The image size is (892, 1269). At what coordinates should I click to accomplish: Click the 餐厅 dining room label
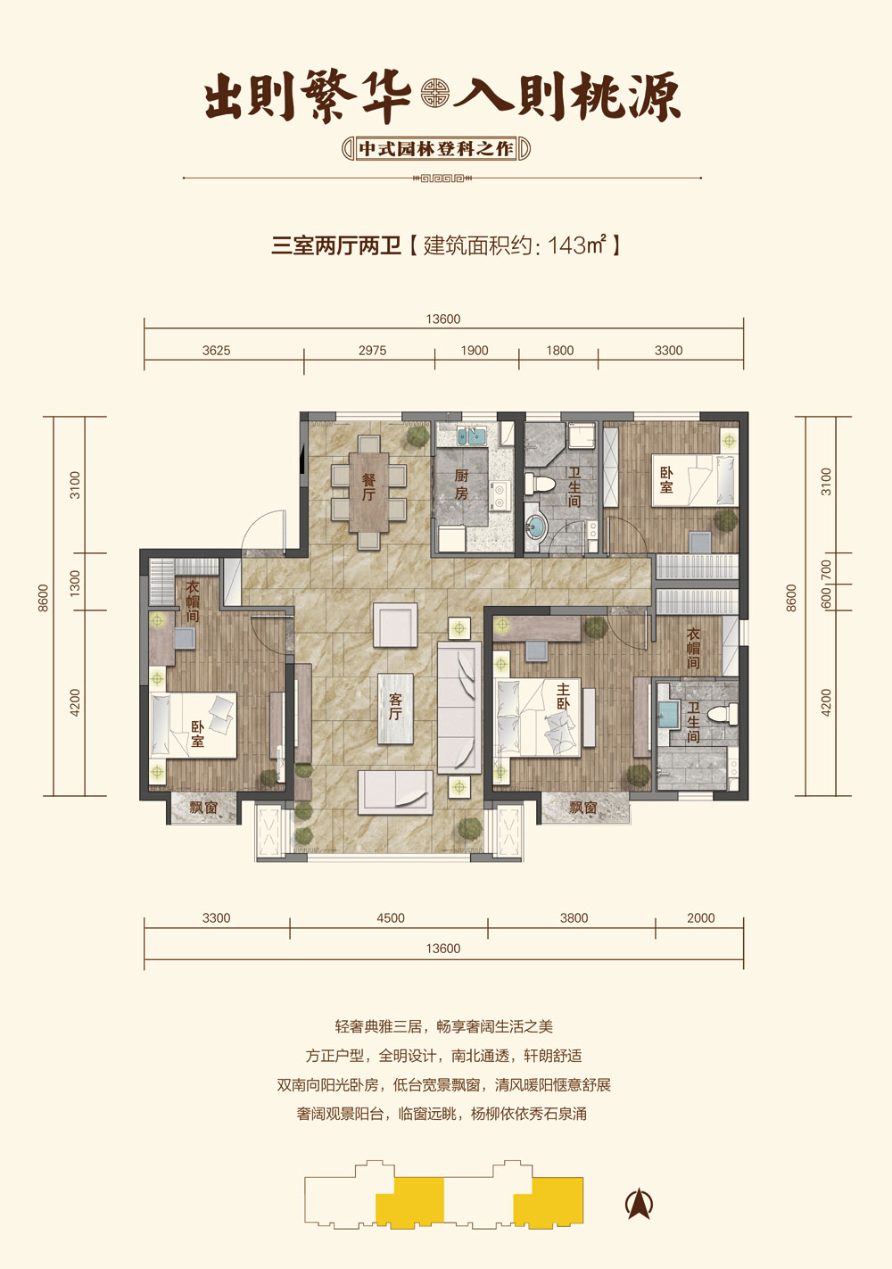pos(368,486)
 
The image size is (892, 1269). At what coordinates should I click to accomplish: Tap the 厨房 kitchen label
pos(461,485)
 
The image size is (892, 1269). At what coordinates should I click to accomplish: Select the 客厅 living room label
pos(395,708)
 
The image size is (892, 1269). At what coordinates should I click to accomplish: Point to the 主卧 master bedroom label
pos(563,696)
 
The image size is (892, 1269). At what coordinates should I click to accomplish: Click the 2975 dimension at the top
pos(372,350)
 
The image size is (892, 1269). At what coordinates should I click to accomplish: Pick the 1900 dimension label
pos(475,350)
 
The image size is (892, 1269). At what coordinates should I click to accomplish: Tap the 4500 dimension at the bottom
pos(391,917)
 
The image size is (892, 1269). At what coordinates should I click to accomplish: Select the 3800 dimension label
pos(574,917)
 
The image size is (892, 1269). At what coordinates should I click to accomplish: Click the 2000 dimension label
pos(701,917)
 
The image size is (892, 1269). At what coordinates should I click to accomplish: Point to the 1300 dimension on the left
pos(75,583)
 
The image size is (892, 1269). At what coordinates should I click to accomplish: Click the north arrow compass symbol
pos(640,1203)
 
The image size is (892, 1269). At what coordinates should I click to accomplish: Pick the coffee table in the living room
pos(395,709)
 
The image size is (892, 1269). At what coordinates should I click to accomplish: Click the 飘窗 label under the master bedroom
pos(583,807)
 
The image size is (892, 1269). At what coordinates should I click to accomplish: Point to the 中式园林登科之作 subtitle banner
pos(436,149)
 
